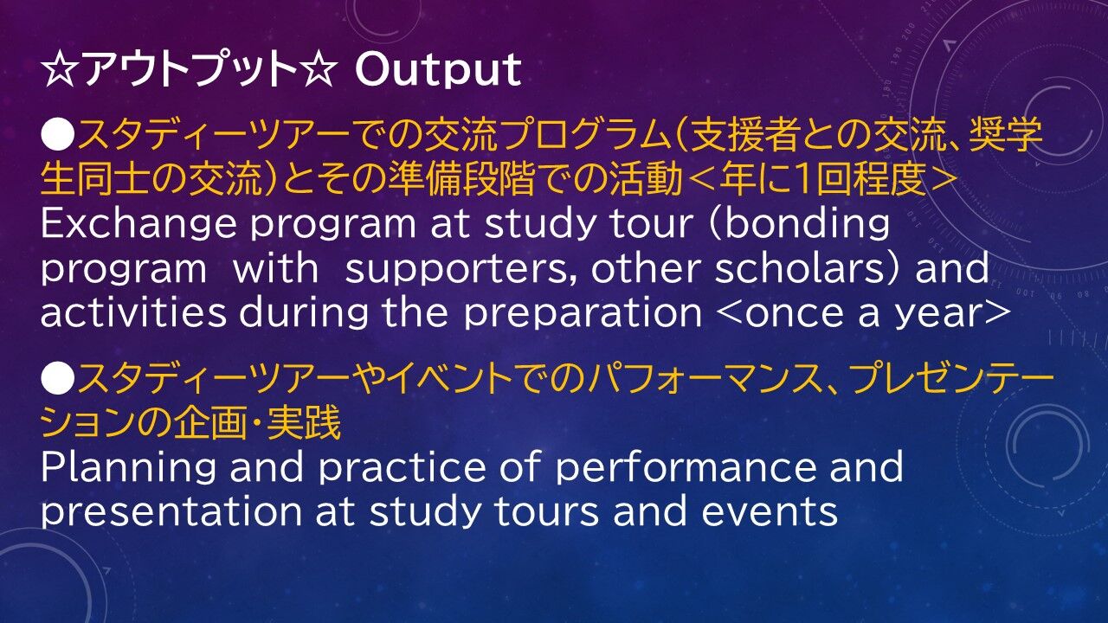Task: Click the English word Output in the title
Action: pyautogui.click(x=438, y=70)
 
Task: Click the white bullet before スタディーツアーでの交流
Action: pyautogui.click(x=57, y=134)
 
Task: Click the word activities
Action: pyautogui.click(x=133, y=312)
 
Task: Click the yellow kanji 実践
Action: pyautogui.click(x=304, y=423)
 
